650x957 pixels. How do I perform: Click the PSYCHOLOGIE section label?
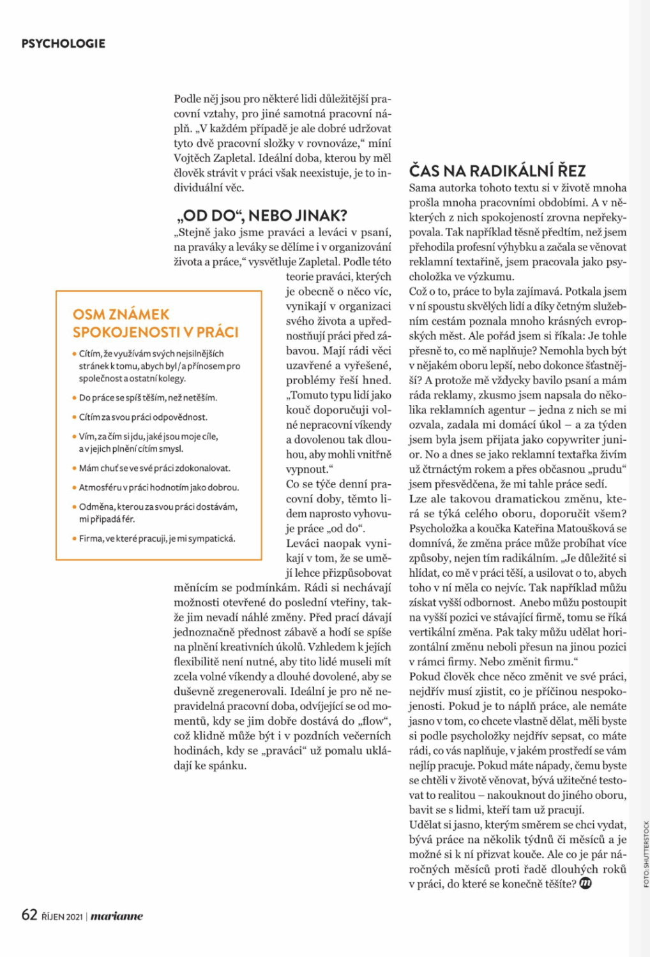point(63,43)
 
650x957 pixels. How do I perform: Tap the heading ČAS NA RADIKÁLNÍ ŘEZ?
point(497,171)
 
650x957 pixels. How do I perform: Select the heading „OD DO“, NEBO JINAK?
point(261,216)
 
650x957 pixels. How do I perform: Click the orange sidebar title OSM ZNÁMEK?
point(121,314)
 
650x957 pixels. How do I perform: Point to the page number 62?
point(29,915)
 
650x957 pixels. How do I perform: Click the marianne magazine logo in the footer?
point(117,917)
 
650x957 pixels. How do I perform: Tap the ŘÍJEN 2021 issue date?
point(62,917)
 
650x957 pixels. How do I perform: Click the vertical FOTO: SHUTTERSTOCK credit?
point(646,854)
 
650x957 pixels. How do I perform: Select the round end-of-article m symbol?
point(585,884)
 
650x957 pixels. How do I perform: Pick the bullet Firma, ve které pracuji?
point(156,538)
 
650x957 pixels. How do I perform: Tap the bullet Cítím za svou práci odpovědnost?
point(143,417)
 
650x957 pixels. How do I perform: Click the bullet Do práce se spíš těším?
point(147,397)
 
